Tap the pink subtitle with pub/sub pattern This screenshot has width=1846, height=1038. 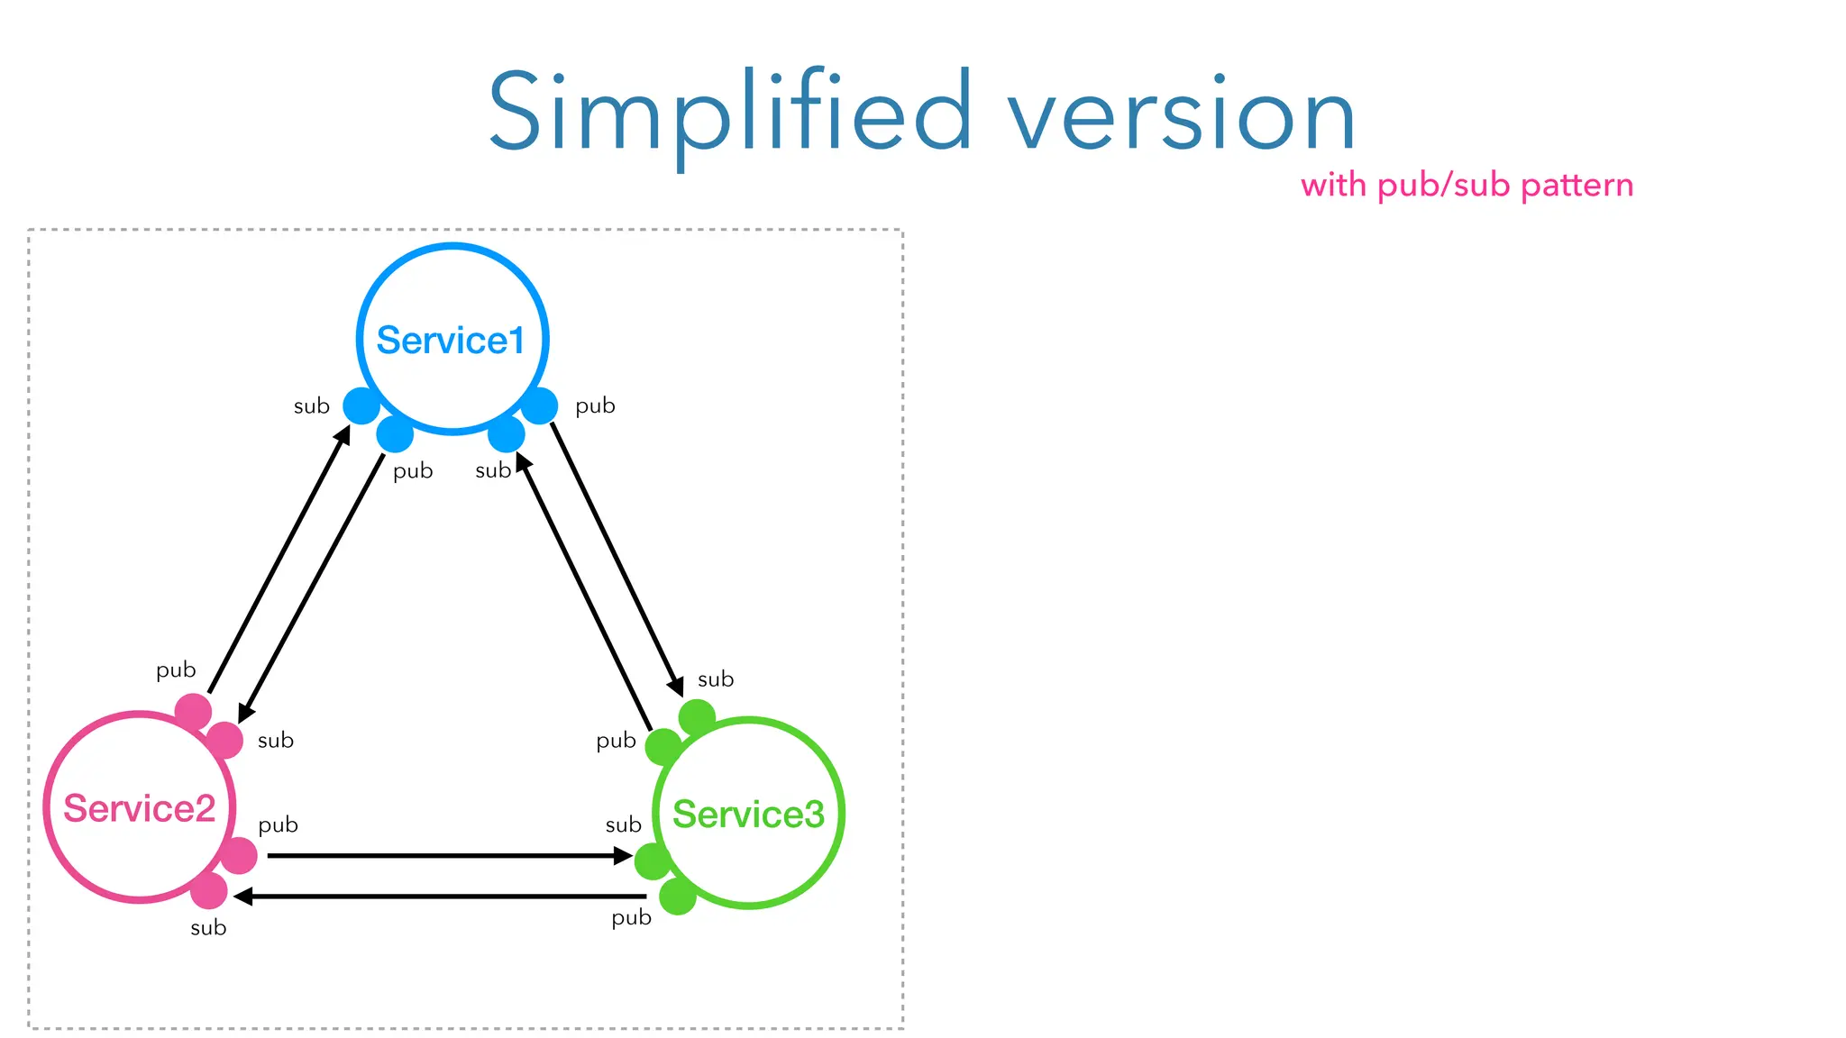(x=1467, y=186)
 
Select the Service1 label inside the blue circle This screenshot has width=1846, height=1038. (x=450, y=341)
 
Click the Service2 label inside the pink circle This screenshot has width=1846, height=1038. (x=139, y=808)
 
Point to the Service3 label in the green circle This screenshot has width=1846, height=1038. (x=748, y=814)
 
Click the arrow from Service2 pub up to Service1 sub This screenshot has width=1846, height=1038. (x=279, y=559)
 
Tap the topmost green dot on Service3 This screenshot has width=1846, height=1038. (x=697, y=717)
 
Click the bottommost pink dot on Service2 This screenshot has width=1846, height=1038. (x=209, y=890)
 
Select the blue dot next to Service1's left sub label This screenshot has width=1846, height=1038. (x=361, y=405)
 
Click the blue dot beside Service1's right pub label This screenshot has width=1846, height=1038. (x=540, y=405)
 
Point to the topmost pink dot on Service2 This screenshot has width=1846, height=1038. (x=193, y=712)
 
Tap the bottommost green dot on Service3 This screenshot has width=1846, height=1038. (x=678, y=897)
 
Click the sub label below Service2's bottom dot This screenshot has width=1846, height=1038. (x=208, y=928)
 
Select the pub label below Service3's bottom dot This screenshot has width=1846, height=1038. (x=631, y=918)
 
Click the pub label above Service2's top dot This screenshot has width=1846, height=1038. (x=176, y=670)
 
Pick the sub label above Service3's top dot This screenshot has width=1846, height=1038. (x=716, y=679)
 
